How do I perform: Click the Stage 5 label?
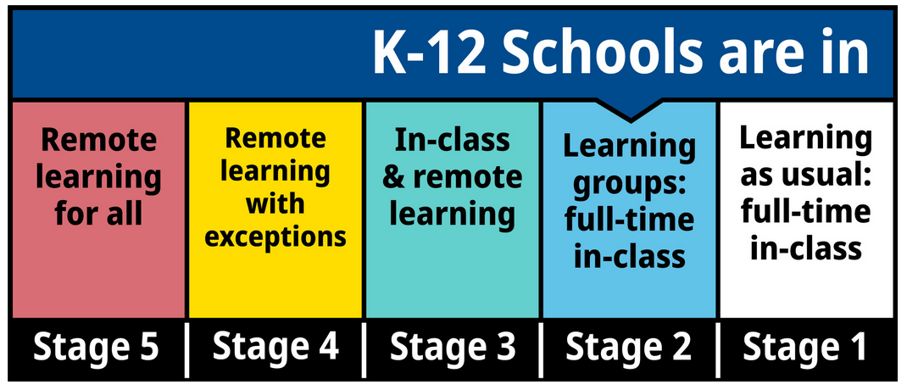tap(96, 347)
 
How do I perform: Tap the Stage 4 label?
tap(275, 347)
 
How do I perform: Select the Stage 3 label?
tap(453, 347)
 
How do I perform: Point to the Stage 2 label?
tap(629, 347)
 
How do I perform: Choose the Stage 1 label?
tap(804, 347)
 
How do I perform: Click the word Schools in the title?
tap(604, 53)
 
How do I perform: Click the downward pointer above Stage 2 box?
tap(629, 110)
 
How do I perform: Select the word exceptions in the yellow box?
tap(275, 238)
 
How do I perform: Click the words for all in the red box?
tap(98, 213)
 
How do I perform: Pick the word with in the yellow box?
tap(275, 204)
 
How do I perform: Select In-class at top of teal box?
tap(453, 140)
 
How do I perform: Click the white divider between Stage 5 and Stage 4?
tap(186, 349)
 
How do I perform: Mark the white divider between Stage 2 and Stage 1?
tap(718, 349)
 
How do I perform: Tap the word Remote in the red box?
tap(98, 140)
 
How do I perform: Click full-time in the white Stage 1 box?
tap(804, 213)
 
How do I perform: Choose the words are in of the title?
tap(793, 53)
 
